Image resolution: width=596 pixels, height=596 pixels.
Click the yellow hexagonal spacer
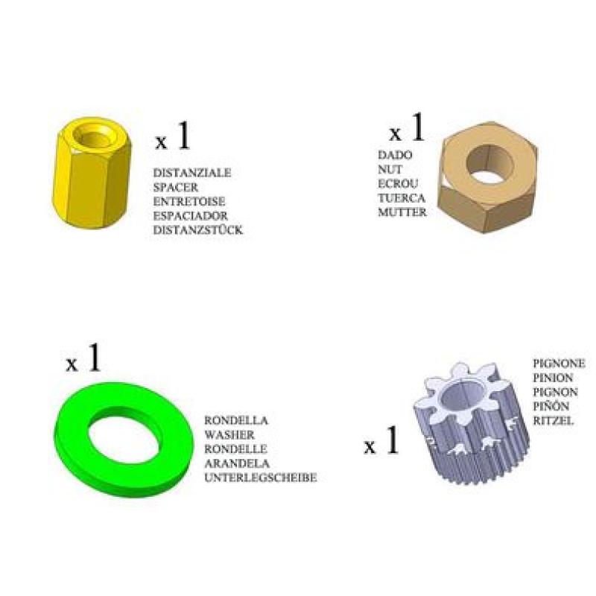[92, 173]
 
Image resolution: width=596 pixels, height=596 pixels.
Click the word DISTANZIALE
[192, 173]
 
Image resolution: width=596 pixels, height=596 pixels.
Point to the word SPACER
[176, 188]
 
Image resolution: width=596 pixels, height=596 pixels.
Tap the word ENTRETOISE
[189, 201]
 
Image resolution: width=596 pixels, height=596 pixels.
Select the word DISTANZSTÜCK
[197, 230]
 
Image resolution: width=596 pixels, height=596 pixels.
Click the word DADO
[395, 155]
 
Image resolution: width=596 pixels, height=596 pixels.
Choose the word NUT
[390, 170]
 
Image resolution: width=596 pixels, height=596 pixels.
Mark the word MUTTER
[402, 212]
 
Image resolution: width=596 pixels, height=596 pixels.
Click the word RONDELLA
[236, 420]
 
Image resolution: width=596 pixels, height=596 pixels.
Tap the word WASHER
[229, 435]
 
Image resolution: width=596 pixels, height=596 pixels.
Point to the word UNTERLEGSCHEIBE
[260, 478]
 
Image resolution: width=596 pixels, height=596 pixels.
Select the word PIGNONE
[559, 364]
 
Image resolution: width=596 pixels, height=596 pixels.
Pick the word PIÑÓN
[551, 406]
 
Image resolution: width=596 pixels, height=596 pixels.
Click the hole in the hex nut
[489, 164]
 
